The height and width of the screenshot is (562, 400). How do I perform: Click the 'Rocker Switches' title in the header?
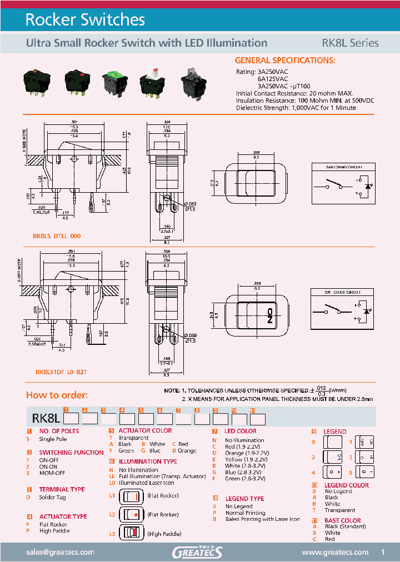point(85,20)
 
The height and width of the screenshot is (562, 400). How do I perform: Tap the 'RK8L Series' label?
point(350,43)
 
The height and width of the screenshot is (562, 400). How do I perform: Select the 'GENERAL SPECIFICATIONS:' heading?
point(284,60)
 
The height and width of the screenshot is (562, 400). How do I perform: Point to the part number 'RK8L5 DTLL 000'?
point(57,236)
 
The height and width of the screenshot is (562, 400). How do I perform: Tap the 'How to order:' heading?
point(57,395)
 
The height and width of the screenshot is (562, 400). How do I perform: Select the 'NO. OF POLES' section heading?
point(59,431)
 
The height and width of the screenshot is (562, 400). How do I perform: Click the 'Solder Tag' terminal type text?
point(53,497)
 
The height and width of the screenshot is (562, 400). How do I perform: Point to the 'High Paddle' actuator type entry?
point(54,531)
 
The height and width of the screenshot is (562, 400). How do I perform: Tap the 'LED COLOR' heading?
point(240,431)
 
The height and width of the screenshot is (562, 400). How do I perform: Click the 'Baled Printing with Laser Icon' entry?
point(262,519)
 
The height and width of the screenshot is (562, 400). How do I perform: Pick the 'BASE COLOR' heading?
point(342,520)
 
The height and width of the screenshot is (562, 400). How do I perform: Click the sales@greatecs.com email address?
point(61,552)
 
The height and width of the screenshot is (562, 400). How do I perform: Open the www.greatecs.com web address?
point(335,552)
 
